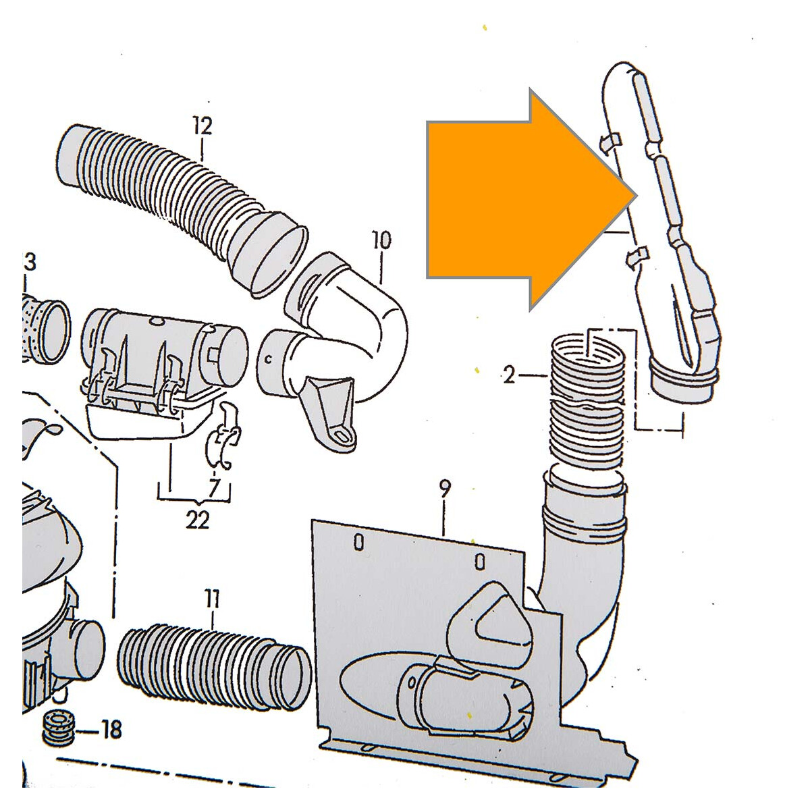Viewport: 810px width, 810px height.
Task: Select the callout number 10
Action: [381, 240]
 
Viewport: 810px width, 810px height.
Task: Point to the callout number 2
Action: [509, 375]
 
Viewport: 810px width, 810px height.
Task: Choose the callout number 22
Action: [196, 521]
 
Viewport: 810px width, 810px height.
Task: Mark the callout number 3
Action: [30, 263]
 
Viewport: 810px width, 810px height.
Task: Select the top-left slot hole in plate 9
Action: [358, 542]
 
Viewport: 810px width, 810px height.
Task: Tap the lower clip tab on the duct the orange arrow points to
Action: [638, 255]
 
